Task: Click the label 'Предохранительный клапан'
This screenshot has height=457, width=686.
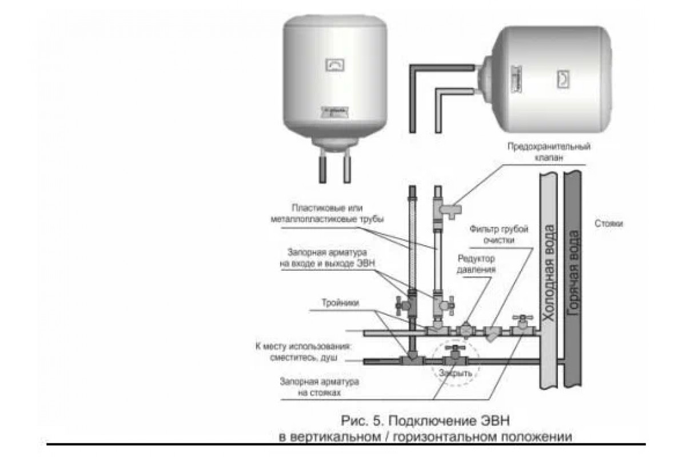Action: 548,151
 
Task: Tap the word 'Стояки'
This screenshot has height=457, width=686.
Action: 608,224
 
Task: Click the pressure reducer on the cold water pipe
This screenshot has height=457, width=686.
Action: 466,330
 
